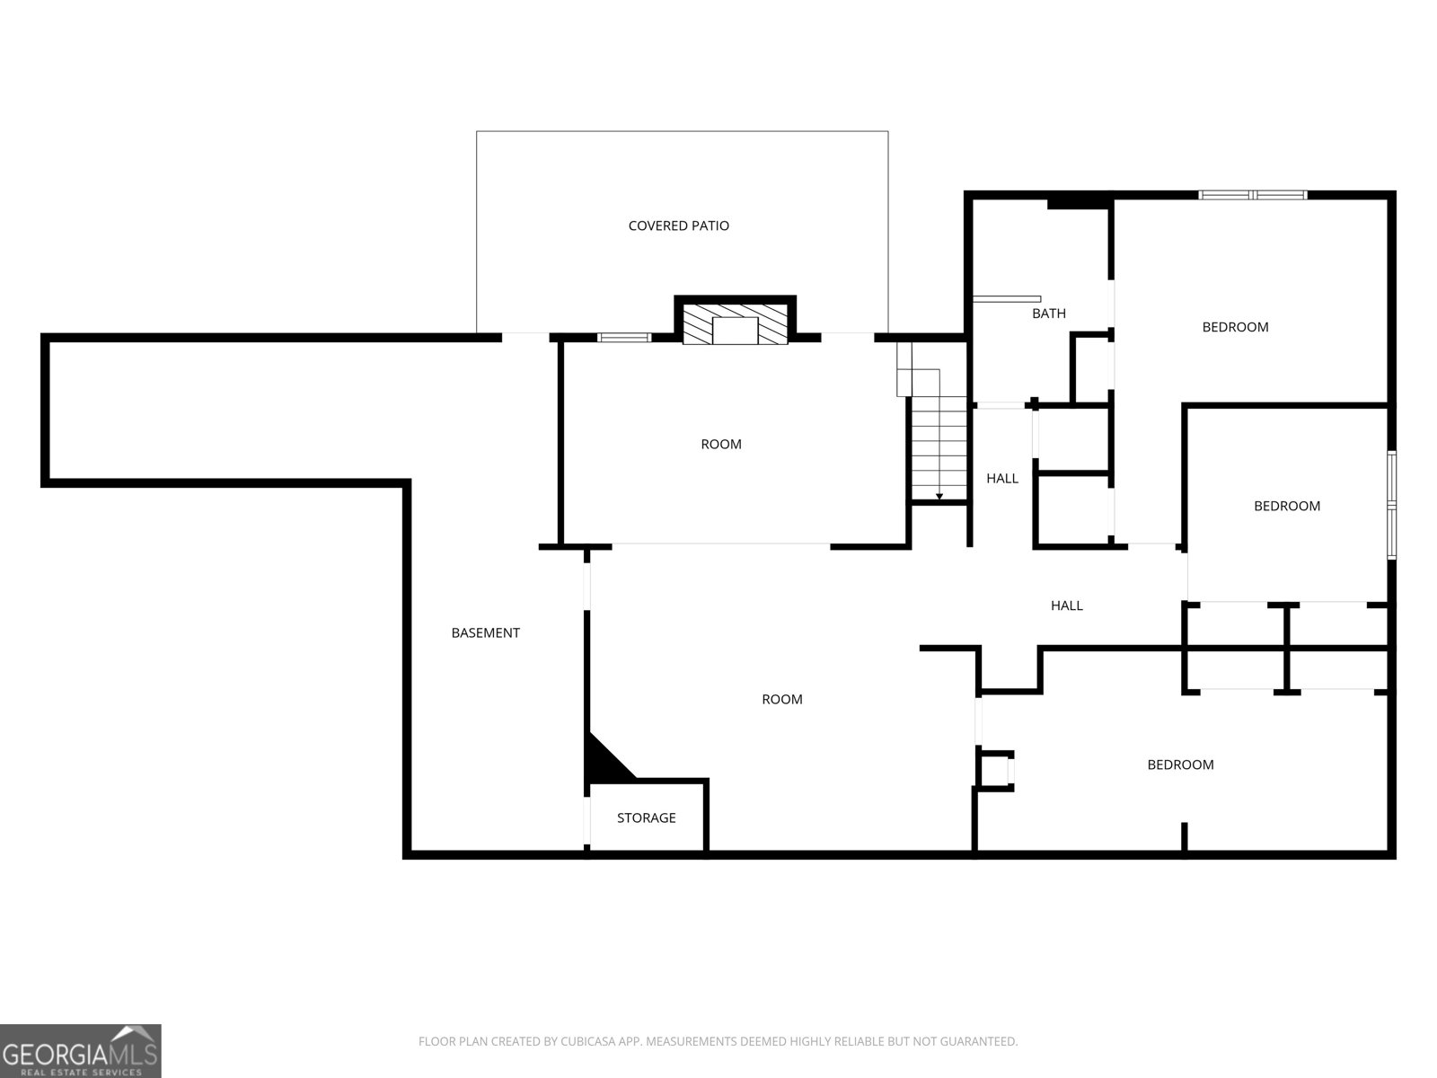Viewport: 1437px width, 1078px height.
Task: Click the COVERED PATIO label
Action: click(x=678, y=225)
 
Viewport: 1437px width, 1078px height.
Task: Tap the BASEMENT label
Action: click(x=485, y=633)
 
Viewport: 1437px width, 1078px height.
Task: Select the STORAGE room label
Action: click(x=646, y=817)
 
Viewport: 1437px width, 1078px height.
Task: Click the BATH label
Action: click(x=1049, y=314)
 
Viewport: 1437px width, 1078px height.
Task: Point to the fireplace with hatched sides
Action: click(x=736, y=322)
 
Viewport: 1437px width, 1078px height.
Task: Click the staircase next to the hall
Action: click(x=939, y=448)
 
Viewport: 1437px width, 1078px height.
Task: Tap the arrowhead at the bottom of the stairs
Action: click(x=939, y=497)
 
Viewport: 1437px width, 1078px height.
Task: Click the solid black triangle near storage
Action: click(x=607, y=758)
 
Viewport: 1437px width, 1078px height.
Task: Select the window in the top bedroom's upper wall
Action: click(x=1252, y=195)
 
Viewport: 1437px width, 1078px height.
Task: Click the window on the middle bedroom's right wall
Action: click(x=1392, y=505)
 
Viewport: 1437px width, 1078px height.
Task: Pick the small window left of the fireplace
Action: click(x=624, y=338)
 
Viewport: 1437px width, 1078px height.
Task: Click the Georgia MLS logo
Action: click(x=81, y=1050)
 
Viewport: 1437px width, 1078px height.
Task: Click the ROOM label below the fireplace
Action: click(x=721, y=445)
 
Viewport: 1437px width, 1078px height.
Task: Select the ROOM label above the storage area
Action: click(x=781, y=699)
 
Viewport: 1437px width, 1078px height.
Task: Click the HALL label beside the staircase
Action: click(x=1002, y=479)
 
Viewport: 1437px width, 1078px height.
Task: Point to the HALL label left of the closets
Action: click(x=1066, y=605)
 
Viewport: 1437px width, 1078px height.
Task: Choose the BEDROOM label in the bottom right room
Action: click(x=1180, y=764)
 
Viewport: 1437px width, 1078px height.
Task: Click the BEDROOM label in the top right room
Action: click(x=1235, y=327)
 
